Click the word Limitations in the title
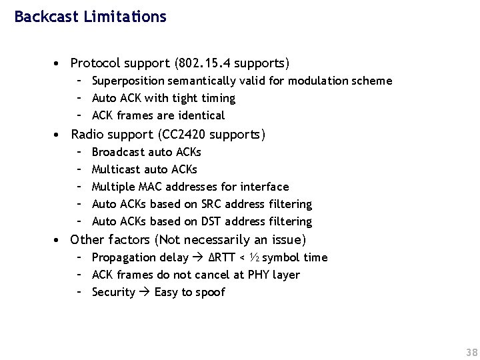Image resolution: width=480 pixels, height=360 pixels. pos(125,17)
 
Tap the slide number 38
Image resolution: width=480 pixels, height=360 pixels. pos(471,352)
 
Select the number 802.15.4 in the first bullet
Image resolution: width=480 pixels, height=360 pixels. pos(203,63)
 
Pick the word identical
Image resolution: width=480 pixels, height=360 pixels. pos(199,115)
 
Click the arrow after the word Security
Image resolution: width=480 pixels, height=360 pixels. pos(145,292)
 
